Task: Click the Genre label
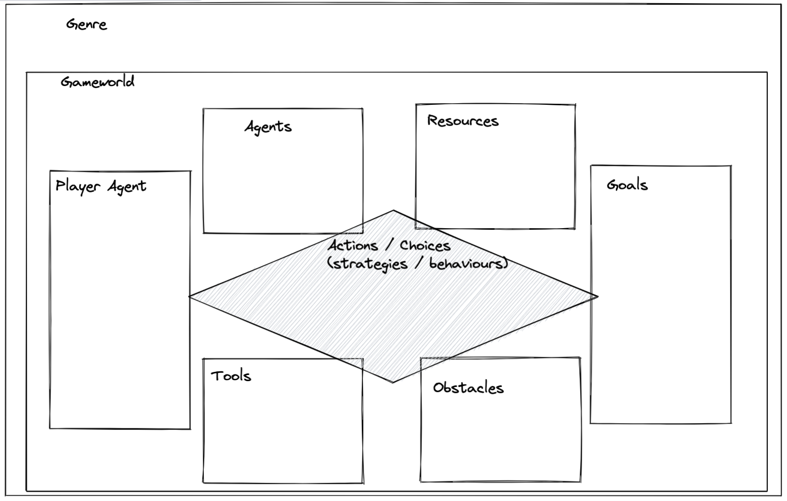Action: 87,24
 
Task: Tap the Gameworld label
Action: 97,82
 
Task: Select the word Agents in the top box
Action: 268,127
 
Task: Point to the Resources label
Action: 462,121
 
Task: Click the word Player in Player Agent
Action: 78,187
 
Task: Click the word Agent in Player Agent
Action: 127,187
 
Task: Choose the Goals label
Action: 627,185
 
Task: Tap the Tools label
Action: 231,376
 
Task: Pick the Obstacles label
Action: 468,388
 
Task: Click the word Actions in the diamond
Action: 353,245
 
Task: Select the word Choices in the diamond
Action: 425,246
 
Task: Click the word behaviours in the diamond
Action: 467,264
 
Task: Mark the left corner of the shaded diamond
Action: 190,297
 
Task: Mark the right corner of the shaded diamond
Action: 598,297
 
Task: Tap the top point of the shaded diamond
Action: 394,211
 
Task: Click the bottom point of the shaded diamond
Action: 392,383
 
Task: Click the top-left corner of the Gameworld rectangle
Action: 27,73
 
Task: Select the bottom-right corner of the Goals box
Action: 731,423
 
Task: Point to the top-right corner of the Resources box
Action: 575,105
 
